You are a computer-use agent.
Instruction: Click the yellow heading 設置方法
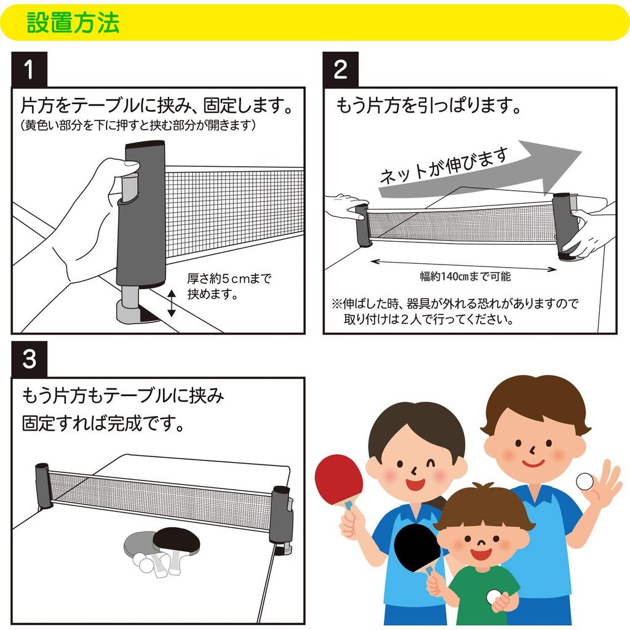tap(73, 23)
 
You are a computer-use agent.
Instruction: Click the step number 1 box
tap(29, 70)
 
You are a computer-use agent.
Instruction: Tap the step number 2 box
tap(341, 70)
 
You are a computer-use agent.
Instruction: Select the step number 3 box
tap(29, 359)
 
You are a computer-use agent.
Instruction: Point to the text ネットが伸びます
tap(443, 166)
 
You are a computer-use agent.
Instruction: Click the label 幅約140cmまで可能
tap(465, 276)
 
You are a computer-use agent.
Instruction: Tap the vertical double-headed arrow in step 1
tap(172, 304)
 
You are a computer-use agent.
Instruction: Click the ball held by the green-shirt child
tap(494, 596)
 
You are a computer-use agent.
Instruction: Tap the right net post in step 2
tap(563, 226)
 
